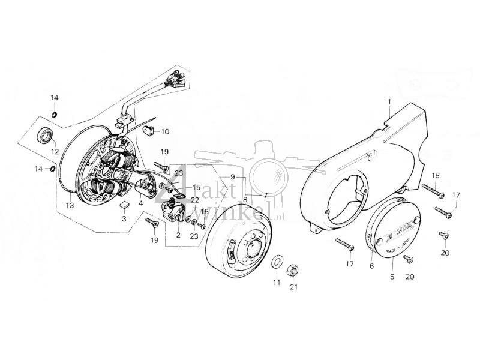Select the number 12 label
(x=55, y=151)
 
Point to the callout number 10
(x=165, y=131)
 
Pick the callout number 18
(x=436, y=175)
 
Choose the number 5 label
(x=391, y=277)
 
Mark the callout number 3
(x=124, y=219)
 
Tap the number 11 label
(x=277, y=282)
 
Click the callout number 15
(x=196, y=187)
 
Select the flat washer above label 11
(x=277, y=262)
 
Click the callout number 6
(x=371, y=266)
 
